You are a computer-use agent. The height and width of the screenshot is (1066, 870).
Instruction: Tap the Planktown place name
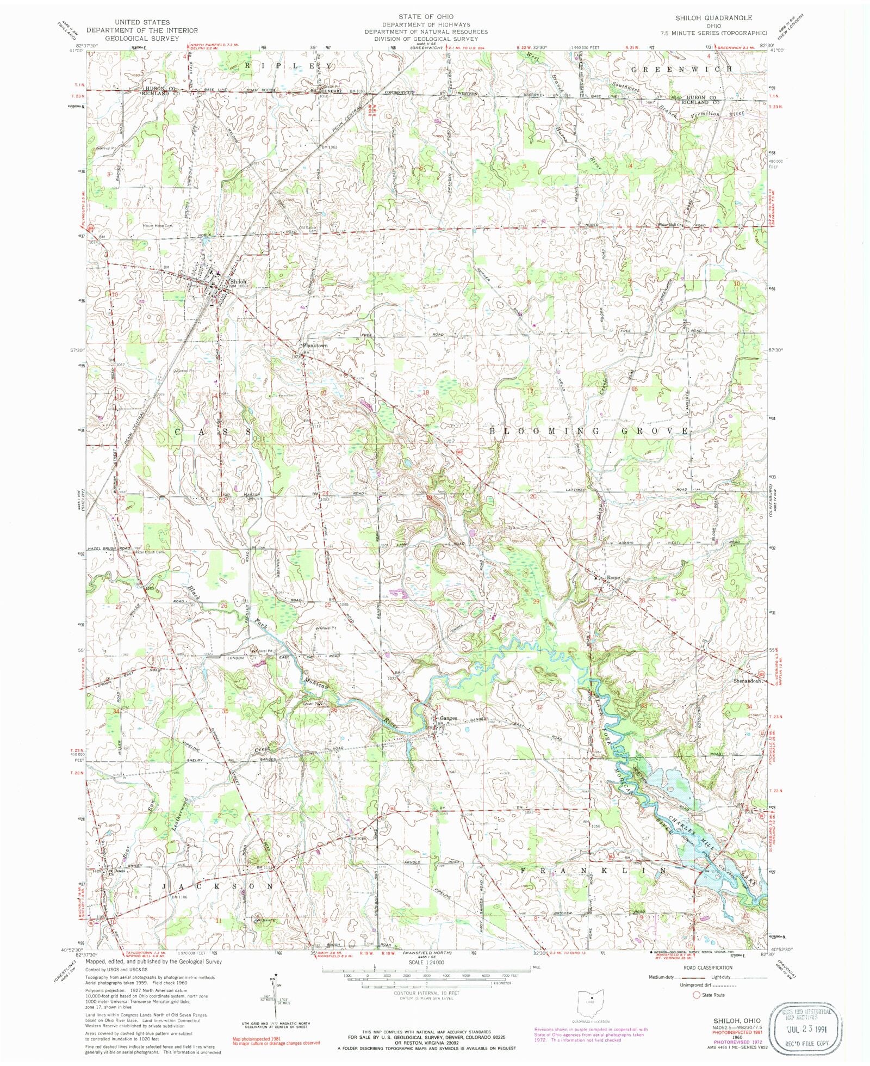tap(315, 346)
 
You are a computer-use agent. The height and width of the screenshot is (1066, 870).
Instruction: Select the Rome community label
tap(613, 577)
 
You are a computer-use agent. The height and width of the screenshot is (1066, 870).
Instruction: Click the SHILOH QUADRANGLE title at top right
tap(713, 17)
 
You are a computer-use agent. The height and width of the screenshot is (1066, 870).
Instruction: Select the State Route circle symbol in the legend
tap(697, 995)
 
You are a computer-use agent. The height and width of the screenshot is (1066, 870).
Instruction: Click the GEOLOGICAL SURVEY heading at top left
tap(141, 39)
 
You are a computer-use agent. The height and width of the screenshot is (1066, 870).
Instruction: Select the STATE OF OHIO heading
tap(426, 16)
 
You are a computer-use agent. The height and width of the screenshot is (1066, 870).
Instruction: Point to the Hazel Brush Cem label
tap(150, 552)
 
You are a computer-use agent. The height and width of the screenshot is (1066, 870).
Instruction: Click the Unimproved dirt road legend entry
tap(696, 985)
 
